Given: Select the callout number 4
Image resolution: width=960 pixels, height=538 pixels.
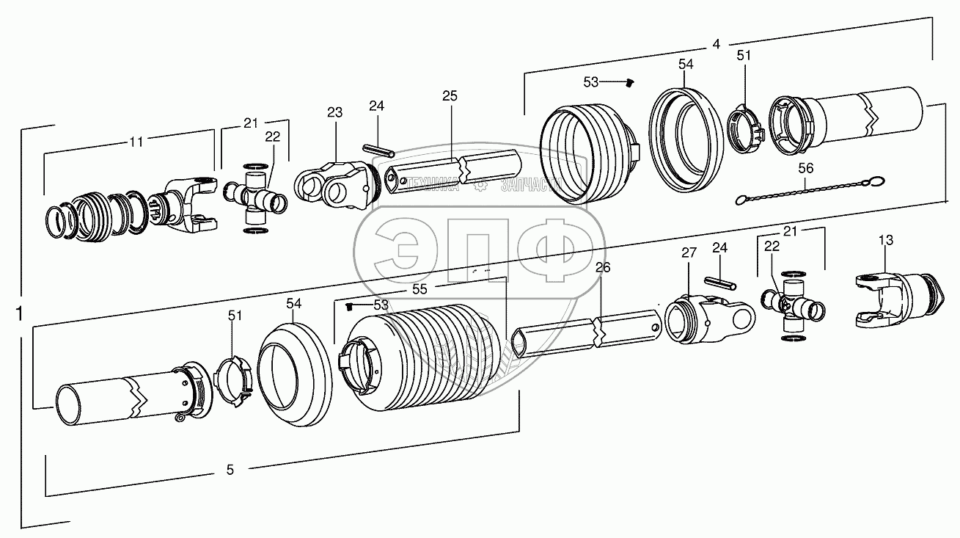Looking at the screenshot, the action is click(x=716, y=43).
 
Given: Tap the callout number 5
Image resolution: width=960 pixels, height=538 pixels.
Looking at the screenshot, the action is click(x=230, y=470).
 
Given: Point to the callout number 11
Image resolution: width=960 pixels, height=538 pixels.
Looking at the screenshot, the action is click(x=136, y=141).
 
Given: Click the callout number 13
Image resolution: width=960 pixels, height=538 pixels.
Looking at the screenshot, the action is click(x=885, y=240).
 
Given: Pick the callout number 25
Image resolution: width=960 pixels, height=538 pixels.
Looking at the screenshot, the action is click(x=450, y=96).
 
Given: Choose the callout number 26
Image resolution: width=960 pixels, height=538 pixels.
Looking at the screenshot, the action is click(x=602, y=268).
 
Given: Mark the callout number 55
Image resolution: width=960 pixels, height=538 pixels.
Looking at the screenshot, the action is click(x=419, y=289).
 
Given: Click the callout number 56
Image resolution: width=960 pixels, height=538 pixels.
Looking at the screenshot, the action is click(x=806, y=168).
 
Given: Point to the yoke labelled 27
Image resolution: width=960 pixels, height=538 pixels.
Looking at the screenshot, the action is click(x=708, y=319).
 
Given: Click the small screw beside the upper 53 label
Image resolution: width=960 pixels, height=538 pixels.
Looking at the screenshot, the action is click(x=629, y=84).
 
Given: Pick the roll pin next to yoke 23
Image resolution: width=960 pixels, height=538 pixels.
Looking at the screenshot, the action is click(x=379, y=148).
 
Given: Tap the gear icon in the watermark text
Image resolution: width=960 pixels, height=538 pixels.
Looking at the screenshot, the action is click(x=479, y=186).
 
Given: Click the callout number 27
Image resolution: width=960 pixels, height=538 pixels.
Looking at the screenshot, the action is click(x=689, y=253).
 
